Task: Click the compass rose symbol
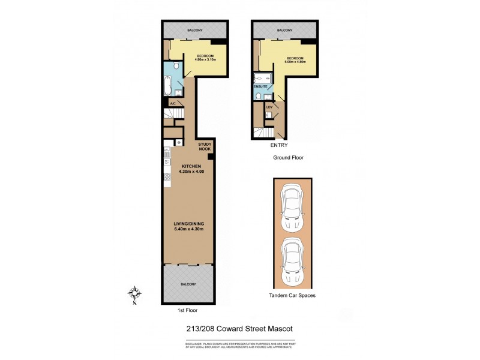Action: (x=136, y=294)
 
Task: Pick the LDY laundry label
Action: (x=269, y=107)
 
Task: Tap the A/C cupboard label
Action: (x=173, y=103)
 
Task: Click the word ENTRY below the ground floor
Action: (x=279, y=145)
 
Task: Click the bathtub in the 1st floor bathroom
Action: (x=169, y=85)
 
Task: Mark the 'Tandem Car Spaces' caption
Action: (x=293, y=296)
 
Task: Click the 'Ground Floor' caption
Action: (x=289, y=159)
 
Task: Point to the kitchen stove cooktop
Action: (x=166, y=177)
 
